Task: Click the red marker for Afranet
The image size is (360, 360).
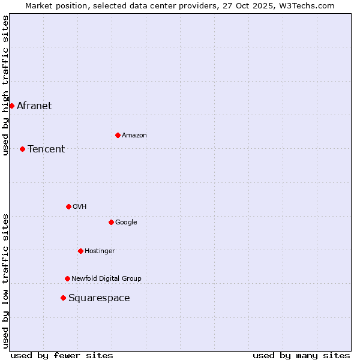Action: tap(11, 106)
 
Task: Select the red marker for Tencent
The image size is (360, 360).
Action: tap(22, 149)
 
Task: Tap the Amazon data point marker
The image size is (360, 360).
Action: tap(118, 135)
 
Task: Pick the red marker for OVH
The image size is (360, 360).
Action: tap(68, 206)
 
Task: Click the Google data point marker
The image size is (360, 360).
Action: tap(111, 222)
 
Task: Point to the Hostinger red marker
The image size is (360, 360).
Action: tap(80, 251)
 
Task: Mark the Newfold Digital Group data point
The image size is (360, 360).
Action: tap(67, 278)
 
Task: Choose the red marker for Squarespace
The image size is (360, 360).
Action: tap(63, 298)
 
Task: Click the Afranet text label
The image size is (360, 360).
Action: tap(34, 106)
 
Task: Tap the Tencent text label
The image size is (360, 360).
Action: tap(46, 149)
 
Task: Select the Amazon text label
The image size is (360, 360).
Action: tap(134, 136)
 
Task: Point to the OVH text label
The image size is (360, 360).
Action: tap(80, 207)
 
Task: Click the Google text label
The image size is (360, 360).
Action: tap(126, 223)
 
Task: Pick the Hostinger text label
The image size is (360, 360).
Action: tap(100, 251)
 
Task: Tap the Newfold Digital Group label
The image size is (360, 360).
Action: tap(106, 279)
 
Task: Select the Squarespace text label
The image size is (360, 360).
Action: tap(99, 298)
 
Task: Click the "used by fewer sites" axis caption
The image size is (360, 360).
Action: tap(62, 355)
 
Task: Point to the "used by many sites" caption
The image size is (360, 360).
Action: tap(301, 355)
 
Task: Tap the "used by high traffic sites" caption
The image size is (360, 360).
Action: tap(5, 85)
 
